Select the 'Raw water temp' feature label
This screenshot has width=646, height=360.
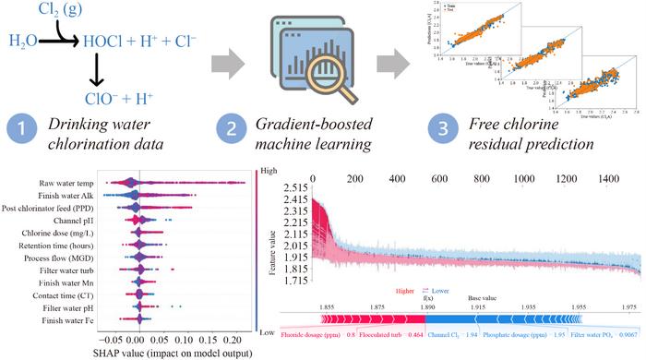tap(70, 184)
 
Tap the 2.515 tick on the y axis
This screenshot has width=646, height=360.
tap(294, 187)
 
